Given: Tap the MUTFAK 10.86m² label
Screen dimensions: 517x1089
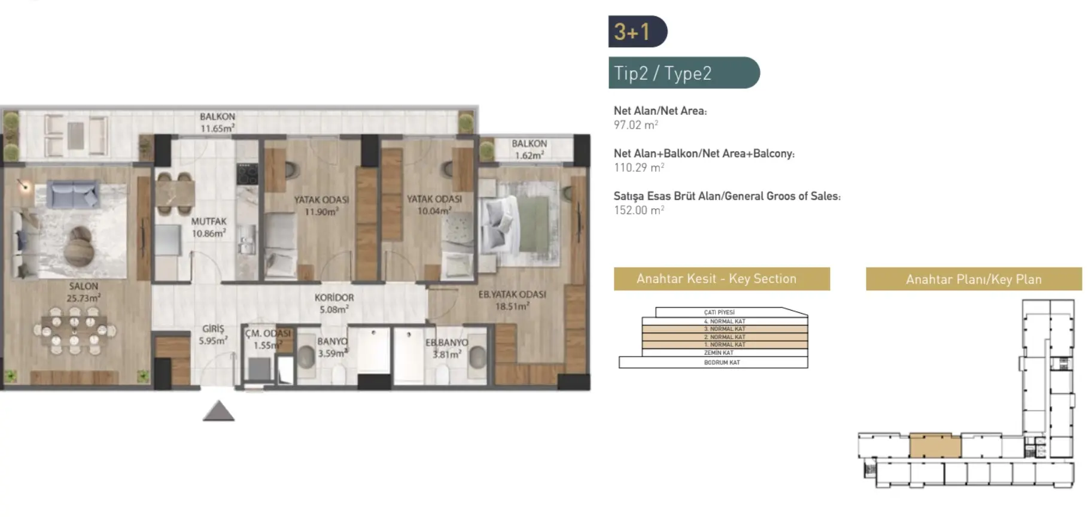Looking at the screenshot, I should [208, 227].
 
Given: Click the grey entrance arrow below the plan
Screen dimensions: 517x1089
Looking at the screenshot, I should [218, 411].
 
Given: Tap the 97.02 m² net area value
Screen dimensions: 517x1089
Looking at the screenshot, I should [635, 125].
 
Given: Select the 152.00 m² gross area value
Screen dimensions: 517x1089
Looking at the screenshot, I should [638, 211].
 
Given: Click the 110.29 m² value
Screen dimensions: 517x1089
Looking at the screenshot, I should [638, 168].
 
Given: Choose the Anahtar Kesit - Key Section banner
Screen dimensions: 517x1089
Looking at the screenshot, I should [721, 279].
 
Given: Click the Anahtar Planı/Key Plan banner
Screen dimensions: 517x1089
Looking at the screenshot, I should [973, 279].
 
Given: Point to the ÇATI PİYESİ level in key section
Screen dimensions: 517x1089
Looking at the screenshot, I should [719, 312].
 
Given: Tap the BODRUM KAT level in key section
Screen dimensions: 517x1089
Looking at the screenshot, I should [722, 363].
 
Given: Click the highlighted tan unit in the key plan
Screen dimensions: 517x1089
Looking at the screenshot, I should [935, 446].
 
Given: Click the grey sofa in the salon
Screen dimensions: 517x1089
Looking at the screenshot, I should [72, 195].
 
